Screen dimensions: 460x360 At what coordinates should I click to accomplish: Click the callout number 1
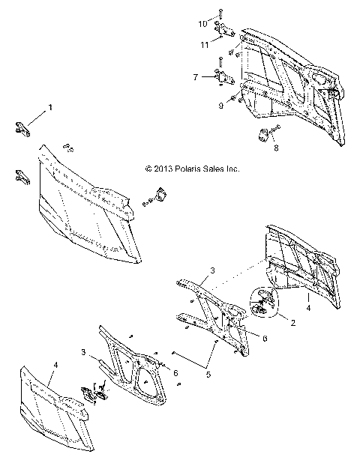51,108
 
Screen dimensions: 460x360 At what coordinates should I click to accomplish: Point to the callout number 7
195,76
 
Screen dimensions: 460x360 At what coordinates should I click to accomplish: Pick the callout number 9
221,106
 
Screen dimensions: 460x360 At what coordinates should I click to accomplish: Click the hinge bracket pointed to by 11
223,32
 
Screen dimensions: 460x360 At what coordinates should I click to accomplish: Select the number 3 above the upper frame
212,270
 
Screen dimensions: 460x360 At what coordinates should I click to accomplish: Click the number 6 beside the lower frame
175,372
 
